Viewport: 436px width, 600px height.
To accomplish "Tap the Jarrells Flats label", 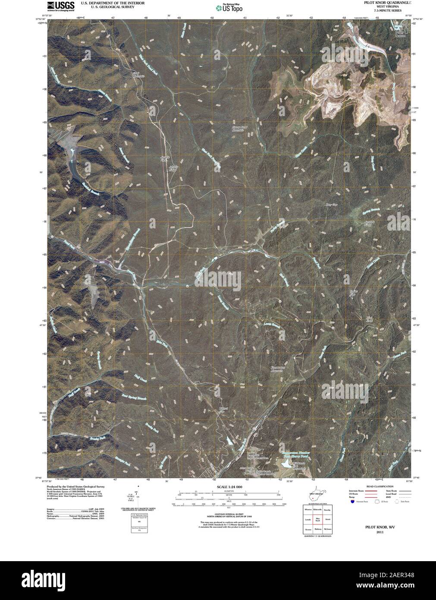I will [163, 158].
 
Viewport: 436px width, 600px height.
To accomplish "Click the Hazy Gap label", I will [331, 205].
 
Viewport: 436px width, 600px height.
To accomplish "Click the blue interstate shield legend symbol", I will [352, 502].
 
